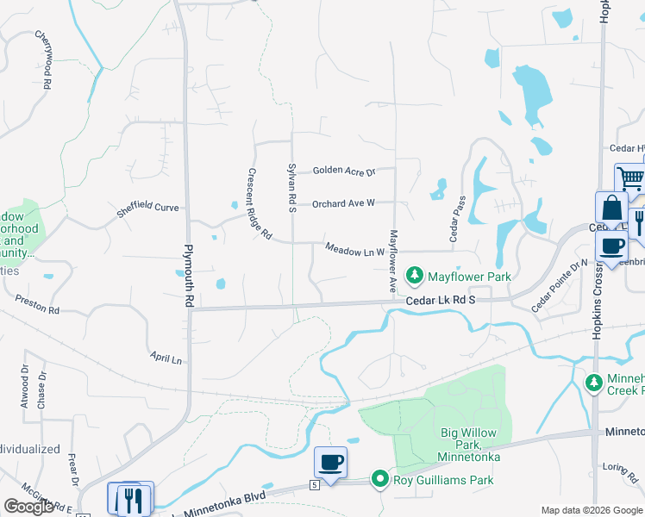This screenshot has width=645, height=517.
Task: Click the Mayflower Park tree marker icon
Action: click(416, 277)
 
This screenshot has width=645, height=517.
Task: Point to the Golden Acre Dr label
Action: click(344, 171)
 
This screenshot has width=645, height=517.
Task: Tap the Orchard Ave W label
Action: click(343, 203)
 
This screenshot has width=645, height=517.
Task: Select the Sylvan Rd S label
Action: click(291, 187)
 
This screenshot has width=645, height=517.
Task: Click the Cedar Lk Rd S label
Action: click(441, 300)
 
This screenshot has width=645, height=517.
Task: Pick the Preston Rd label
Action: click(37, 304)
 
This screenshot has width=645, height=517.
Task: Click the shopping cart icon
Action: click(630, 179)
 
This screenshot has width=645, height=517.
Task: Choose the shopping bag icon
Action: click(611, 209)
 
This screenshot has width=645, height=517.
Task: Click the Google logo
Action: click(28, 507)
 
